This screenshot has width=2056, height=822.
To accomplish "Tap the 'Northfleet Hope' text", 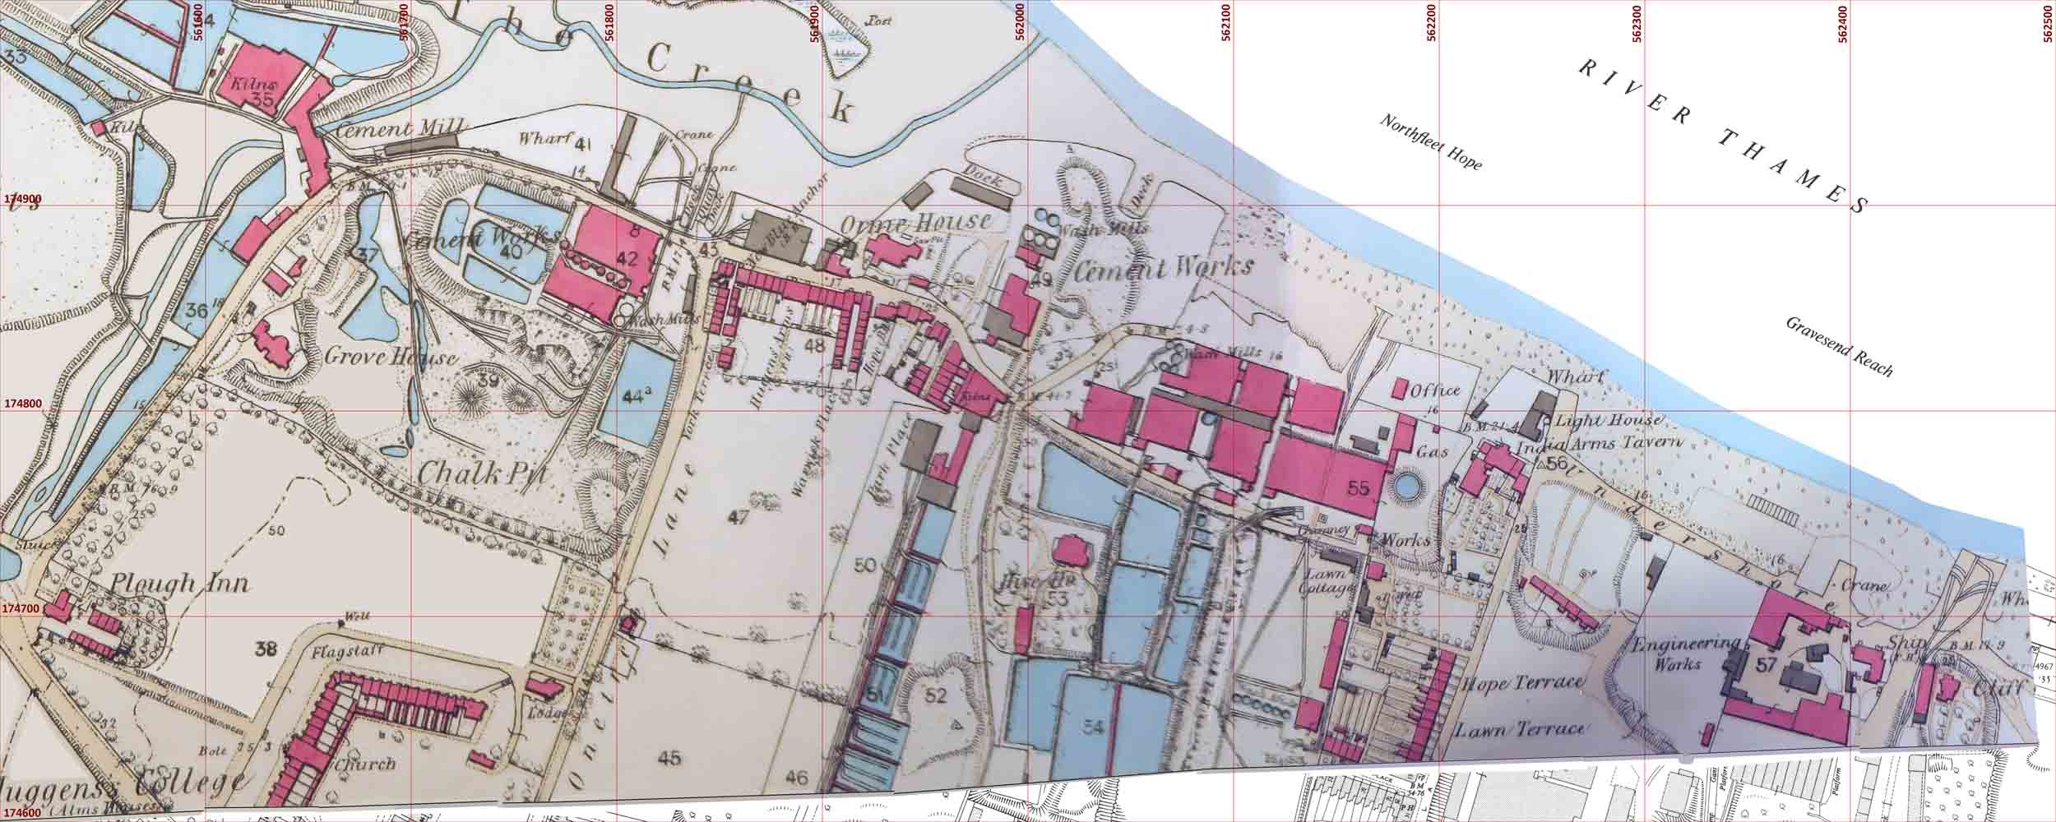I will pos(1430,142).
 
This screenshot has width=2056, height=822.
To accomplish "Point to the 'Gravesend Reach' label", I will pos(1839,346).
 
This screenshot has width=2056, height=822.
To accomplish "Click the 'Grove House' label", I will pos(391,358).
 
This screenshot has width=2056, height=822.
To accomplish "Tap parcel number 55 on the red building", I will pos(1359,487).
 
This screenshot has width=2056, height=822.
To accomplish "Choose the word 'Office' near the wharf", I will pos(1434,390).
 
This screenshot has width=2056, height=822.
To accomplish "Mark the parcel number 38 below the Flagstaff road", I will pos(265,649).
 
